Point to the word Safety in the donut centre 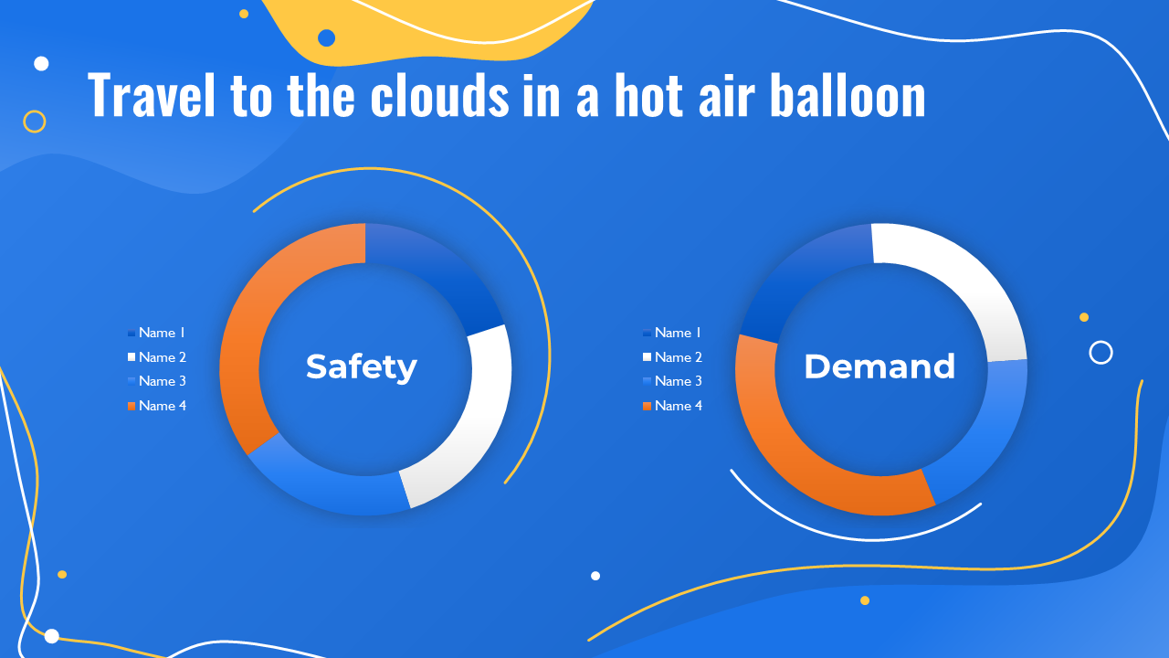361,367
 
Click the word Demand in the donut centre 879,366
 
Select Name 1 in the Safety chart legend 162,333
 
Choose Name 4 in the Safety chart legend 163,406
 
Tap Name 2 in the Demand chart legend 679,357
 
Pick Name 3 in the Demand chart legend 679,381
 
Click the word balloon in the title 848,95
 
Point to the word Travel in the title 152,95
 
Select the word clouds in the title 440,95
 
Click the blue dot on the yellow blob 326,38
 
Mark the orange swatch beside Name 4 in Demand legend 648,407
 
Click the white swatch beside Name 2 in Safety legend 132,356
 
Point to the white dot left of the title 41,64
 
